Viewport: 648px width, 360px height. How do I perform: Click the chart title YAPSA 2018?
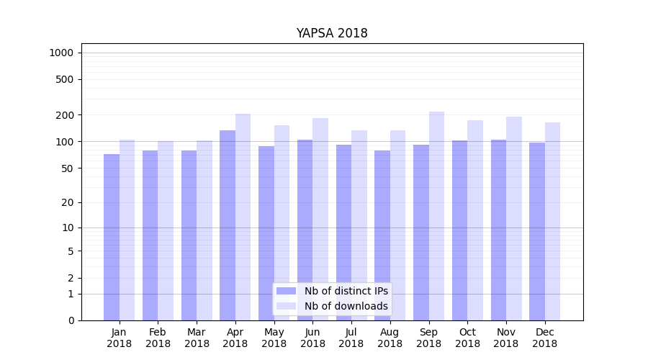click(x=332, y=34)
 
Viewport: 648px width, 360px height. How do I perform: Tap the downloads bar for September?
click(x=436, y=216)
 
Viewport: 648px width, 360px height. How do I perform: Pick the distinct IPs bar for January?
click(x=112, y=237)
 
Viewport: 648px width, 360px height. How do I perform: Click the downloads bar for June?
click(x=320, y=219)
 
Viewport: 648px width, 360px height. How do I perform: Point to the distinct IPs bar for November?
click(x=498, y=230)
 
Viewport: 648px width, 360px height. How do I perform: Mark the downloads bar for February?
click(x=166, y=230)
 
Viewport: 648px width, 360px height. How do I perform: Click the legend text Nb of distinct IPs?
click(x=346, y=291)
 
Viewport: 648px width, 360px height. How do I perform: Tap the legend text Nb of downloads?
click(x=346, y=306)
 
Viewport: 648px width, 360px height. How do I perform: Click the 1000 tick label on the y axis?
click(x=61, y=53)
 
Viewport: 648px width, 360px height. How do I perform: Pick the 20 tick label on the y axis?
click(x=68, y=202)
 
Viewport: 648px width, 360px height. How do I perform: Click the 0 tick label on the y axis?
click(x=71, y=320)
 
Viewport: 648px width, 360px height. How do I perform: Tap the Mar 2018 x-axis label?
click(x=197, y=338)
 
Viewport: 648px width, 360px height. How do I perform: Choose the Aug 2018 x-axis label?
click(x=390, y=338)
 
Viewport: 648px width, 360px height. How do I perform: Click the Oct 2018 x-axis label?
click(x=467, y=338)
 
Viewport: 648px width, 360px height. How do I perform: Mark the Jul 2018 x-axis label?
click(x=351, y=338)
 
